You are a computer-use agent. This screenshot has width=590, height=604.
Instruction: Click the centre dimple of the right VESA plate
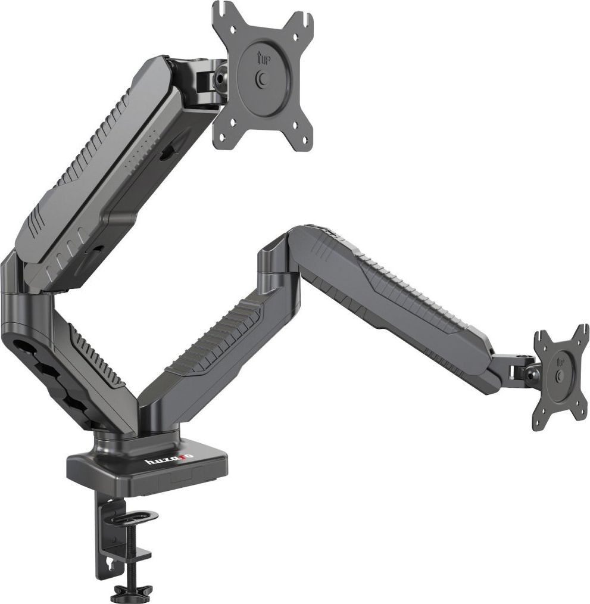pyautogui.click(x=559, y=375)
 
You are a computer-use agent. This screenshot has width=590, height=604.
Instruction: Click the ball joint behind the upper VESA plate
pyautogui.click(x=220, y=77)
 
